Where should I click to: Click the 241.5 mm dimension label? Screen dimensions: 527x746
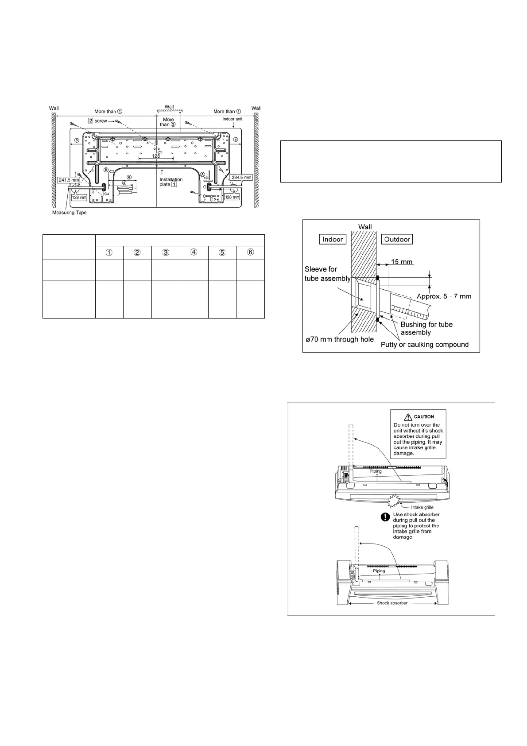tap(69, 180)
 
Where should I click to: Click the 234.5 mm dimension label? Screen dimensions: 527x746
tap(241, 177)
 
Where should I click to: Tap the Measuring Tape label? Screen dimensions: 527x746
tap(70, 213)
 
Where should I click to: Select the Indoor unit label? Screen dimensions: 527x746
tap(232, 119)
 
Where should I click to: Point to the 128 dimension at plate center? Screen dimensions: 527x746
tap(155, 156)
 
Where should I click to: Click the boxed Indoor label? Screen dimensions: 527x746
tap(333, 239)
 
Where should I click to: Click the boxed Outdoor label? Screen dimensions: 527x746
tap(397, 239)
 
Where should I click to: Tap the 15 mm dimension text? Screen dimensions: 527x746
tap(402, 262)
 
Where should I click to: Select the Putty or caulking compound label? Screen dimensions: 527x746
tap(425, 344)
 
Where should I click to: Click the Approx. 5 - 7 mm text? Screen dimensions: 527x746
tap(444, 296)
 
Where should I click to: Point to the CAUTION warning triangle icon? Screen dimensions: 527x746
tap(408, 416)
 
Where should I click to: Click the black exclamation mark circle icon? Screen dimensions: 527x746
tap(386, 516)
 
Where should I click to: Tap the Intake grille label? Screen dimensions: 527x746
tap(422, 507)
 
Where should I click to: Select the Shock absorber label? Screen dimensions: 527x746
tap(392, 603)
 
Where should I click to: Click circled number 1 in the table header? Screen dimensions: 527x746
tap(109, 253)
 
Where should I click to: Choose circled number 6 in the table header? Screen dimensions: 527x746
tap(250, 253)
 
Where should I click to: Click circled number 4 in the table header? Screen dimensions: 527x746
tap(194, 253)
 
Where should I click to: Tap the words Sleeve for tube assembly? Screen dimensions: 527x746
tap(327, 274)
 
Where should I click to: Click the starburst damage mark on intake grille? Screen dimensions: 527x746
tap(393, 501)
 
